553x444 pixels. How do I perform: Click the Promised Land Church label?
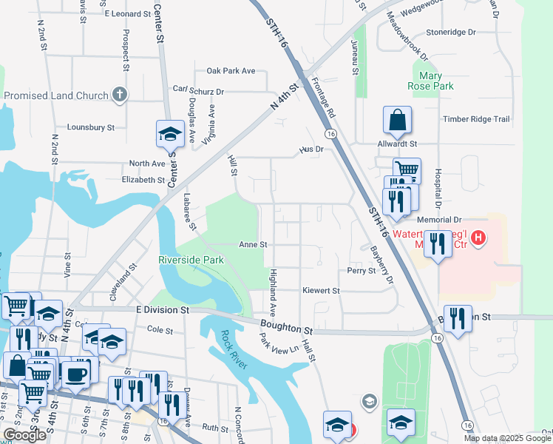(55, 95)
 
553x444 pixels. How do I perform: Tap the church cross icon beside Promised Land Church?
(120, 95)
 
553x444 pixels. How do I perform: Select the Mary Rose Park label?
(431, 81)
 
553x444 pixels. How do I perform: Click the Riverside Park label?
(191, 260)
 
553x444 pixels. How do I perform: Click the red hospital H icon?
(478, 238)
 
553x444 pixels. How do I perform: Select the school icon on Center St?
(170, 135)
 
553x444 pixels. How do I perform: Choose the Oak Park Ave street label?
(231, 71)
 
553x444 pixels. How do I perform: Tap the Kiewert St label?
(321, 291)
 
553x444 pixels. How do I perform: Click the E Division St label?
(163, 309)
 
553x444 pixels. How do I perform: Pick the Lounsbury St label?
(90, 127)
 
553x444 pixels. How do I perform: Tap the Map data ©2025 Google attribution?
(509, 438)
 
